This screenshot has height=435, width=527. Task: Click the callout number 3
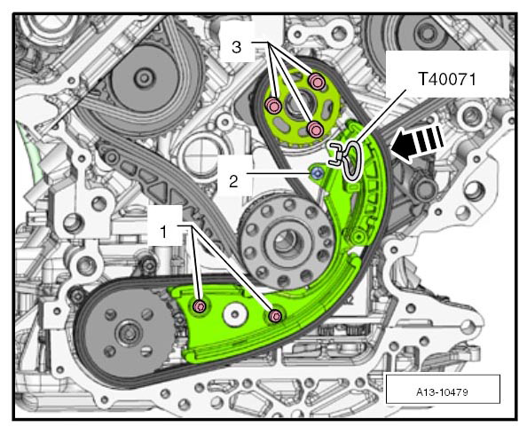click(x=237, y=47)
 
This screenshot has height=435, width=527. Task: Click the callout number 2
click(x=233, y=182)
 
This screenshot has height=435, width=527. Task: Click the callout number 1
click(x=163, y=232)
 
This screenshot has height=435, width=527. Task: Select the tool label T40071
click(x=447, y=80)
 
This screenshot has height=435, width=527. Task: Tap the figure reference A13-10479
click(x=442, y=391)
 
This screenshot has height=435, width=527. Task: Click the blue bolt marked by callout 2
click(x=316, y=173)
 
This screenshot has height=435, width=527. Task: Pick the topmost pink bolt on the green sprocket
click(x=316, y=81)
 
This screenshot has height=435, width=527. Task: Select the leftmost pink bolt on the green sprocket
click(x=273, y=106)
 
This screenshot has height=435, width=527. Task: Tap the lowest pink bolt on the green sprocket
click(x=315, y=130)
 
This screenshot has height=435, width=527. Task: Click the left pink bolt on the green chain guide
click(x=200, y=305)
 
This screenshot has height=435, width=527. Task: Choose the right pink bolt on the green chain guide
click(x=275, y=315)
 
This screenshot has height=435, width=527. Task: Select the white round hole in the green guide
click(x=236, y=314)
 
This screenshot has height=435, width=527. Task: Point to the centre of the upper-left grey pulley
click(x=145, y=78)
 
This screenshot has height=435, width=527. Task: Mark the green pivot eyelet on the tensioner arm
click(x=358, y=237)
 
